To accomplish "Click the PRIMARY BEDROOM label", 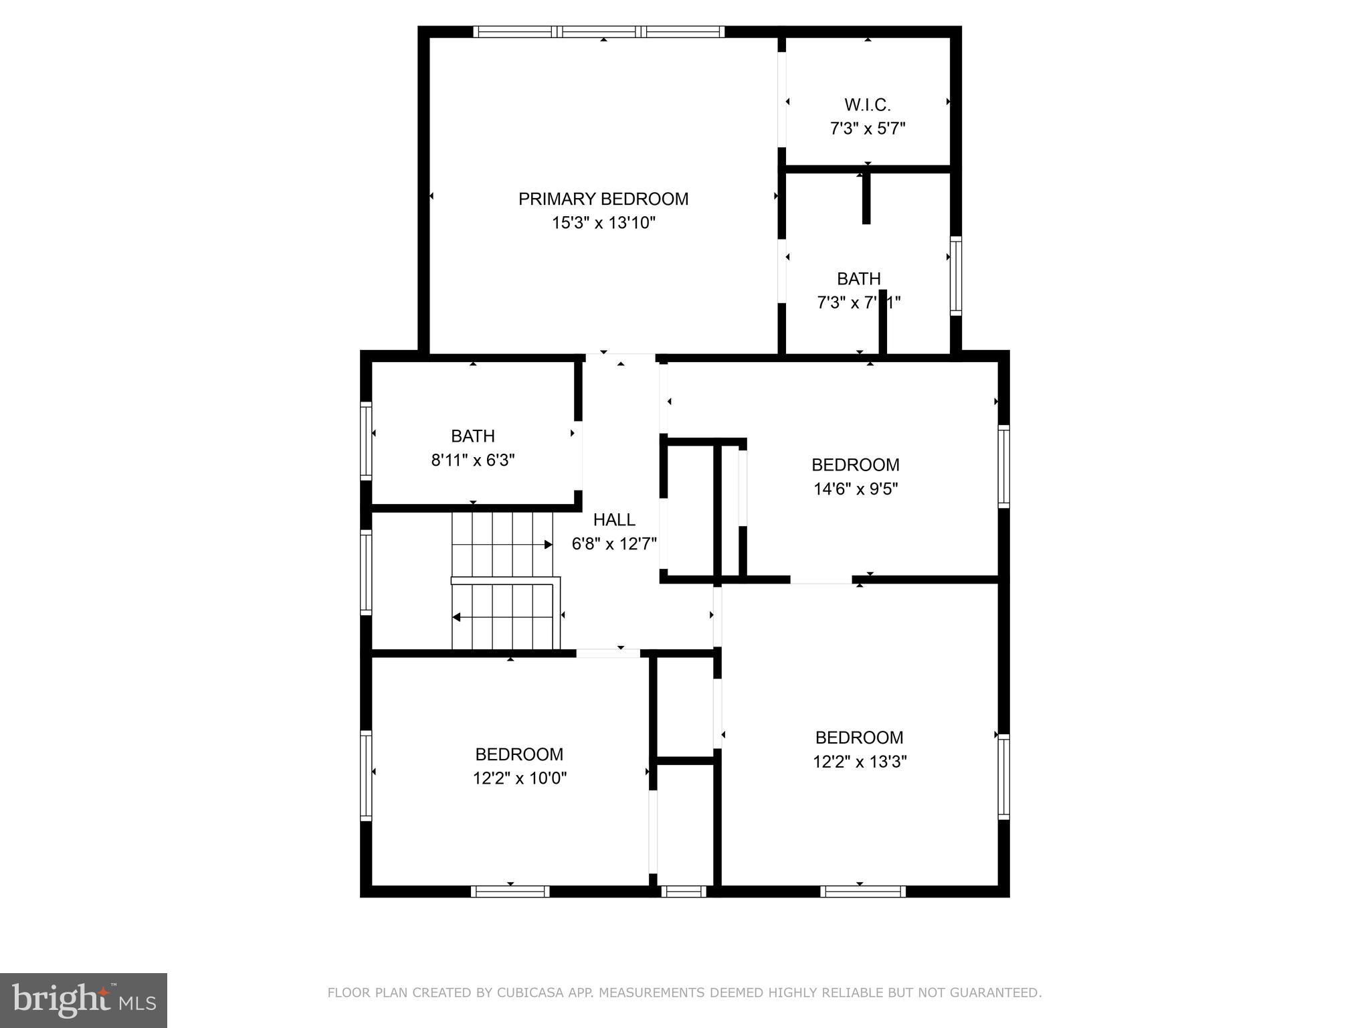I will point(603,199).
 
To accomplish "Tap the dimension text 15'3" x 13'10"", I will point(603,223).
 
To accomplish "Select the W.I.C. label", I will point(867,105).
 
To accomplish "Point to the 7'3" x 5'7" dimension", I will point(867,128).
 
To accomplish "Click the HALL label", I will point(614,520).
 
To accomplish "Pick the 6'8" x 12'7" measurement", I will point(614,543).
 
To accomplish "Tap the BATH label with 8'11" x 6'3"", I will point(472,436).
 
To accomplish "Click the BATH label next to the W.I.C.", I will point(858,278).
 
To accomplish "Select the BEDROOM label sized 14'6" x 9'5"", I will point(855,464).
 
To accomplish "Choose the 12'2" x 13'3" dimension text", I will point(859,762).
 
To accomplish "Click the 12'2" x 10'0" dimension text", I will point(519,778).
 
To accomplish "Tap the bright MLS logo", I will point(84,1001).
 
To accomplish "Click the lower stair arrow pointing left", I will point(458,617).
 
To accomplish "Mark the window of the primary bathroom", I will point(956,276).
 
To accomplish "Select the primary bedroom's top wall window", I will point(599,31).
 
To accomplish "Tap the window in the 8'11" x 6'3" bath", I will point(366,440).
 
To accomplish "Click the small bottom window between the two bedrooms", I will point(683,891).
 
